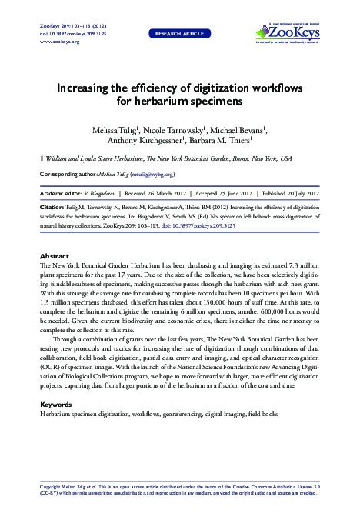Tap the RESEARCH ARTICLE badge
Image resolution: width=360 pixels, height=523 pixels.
pos(179,35)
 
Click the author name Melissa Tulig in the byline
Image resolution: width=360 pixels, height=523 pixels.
pos(115,130)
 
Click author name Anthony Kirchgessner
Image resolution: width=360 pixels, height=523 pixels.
pos(151,141)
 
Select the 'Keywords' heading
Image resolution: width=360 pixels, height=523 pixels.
pos(56,404)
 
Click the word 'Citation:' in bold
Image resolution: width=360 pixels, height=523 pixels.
pos(52,208)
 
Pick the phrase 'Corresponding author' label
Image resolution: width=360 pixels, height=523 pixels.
pos(67,175)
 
